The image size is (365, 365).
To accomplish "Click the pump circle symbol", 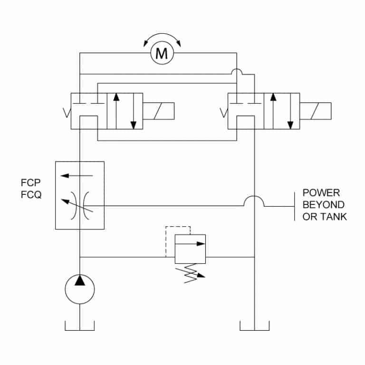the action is [80, 288].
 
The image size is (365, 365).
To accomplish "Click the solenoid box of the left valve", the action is [159, 111].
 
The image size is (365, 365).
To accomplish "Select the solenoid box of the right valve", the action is [316, 111].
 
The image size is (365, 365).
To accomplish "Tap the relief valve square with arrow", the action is [190, 248].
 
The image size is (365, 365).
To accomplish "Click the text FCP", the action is [31, 183].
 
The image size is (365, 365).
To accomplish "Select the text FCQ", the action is [31, 194].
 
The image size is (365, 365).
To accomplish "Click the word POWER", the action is [321, 193].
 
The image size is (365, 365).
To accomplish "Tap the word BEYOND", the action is [324, 205].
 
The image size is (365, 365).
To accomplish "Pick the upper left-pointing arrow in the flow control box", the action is [71, 175].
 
